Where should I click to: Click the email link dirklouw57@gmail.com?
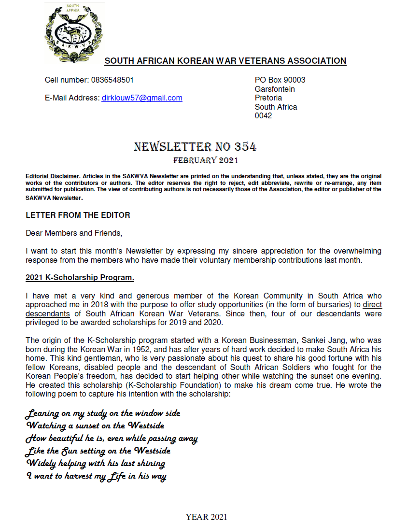point(141,98)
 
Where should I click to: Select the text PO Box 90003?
point(280,80)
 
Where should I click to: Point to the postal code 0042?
point(263,116)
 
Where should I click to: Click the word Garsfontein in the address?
point(275,89)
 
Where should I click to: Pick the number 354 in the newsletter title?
point(245,147)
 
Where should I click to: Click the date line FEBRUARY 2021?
point(206,160)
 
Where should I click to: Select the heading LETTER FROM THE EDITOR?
point(78,215)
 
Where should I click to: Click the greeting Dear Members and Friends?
point(74,233)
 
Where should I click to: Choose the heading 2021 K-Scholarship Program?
point(80,278)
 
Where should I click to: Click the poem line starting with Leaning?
point(103,413)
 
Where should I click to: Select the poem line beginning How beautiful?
point(112,439)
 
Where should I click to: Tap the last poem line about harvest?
point(96,476)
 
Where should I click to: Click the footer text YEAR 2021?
point(206,517)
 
